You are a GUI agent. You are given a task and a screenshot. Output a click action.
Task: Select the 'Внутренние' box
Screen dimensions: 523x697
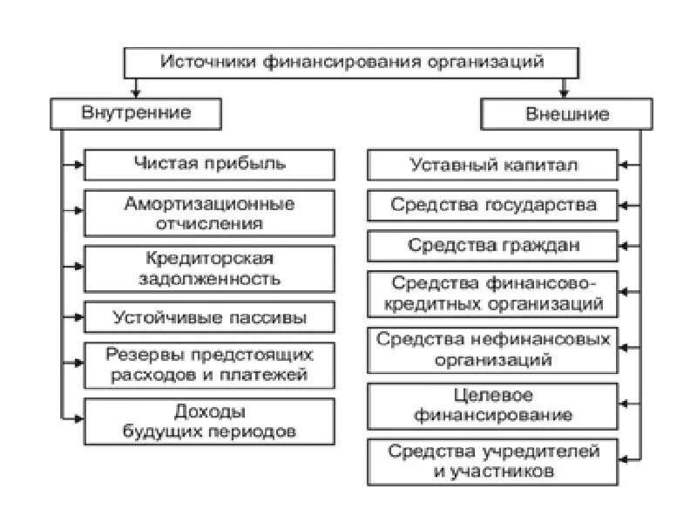[136, 113]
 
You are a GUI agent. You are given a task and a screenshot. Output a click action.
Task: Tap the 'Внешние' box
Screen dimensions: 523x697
[566, 114]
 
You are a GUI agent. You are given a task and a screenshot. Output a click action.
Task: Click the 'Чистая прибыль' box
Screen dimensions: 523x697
[209, 164]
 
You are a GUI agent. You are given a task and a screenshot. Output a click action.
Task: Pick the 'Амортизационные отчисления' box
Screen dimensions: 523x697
[209, 214]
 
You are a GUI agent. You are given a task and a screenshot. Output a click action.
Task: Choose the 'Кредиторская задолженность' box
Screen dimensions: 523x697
[209, 268]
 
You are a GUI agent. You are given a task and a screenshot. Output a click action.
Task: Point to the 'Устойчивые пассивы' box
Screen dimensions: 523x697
[209, 317]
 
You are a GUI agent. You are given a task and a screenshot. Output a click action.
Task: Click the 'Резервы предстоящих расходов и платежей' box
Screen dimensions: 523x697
[209, 365]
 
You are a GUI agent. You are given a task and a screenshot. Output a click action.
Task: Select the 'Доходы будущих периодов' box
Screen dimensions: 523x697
[209, 421]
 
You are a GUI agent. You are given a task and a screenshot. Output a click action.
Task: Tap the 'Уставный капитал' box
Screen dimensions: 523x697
[493, 165]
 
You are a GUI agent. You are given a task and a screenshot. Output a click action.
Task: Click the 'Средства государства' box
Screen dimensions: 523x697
[493, 206]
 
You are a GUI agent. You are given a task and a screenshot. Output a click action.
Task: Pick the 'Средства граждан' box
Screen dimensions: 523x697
[493, 246]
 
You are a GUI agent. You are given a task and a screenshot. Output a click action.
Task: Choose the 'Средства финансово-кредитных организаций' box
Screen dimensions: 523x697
[493, 294]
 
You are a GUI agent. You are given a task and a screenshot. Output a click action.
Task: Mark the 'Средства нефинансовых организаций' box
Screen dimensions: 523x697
[493, 349]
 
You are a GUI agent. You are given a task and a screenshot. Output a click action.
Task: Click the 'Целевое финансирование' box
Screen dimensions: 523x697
[493, 405]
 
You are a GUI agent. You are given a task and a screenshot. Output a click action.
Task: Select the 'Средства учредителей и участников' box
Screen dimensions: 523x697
[493, 461]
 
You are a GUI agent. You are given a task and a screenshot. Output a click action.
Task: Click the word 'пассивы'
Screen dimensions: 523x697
[272, 317]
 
